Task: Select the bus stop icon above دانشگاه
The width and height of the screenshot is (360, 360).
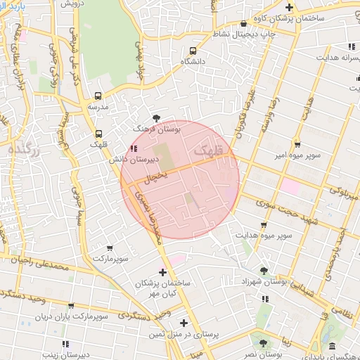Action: [x=193, y=51]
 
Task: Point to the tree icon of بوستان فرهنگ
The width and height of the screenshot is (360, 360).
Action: [x=156, y=118]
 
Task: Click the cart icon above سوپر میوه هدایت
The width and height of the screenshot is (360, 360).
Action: [x=264, y=224]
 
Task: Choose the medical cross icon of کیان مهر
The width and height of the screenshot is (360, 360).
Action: [x=163, y=271]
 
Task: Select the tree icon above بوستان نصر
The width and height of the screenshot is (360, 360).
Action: [x=262, y=343]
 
